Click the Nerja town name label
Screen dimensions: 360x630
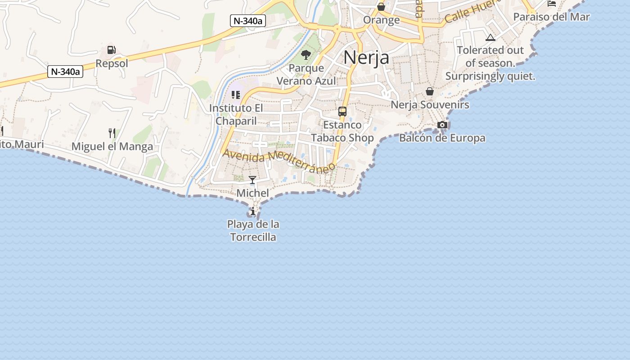pos(366,58)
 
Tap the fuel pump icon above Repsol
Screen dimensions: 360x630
pos(111,50)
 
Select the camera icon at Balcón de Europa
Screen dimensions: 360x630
pos(442,125)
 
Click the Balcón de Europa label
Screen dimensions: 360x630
pos(442,138)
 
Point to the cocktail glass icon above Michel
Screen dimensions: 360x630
pos(252,180)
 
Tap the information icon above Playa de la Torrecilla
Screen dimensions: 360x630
pos(253,211)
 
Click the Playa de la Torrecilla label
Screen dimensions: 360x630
pos(253,230)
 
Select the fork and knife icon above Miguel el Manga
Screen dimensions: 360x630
pos(112,133)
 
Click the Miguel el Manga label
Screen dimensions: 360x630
pos(112,146)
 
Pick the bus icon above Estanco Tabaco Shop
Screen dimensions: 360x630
pos(342,112)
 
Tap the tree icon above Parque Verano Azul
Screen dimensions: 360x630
pos(306,55)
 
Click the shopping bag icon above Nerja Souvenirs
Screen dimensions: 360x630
pos(430,91)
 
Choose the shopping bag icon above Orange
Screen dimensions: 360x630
pos(381,7)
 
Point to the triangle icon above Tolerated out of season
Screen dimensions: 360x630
pos(490,37)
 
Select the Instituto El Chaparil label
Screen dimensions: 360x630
pos(236,115)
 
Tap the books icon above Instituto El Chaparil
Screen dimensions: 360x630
pos(236,95)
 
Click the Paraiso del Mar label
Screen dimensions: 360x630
pos(551,17)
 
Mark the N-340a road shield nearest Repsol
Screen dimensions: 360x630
pos(66,71)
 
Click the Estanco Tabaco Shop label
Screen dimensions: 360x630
pos(342,131)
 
